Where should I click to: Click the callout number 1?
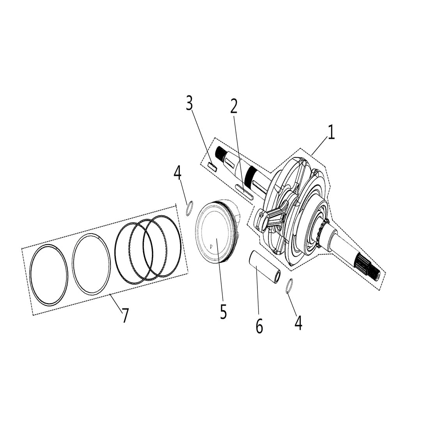[x=331, y=133]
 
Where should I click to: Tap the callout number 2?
[x=234, y=106]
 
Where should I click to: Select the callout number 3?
[x=189, y=104]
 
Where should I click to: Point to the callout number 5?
[x=223, y=312]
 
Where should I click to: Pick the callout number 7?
[x=125, y=316]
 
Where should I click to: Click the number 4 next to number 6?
[x=298, y=323]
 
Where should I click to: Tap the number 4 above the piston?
[x=177, y=173]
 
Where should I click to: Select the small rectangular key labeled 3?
[x=212, y=166]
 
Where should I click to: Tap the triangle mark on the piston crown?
[x=211, y=246]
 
